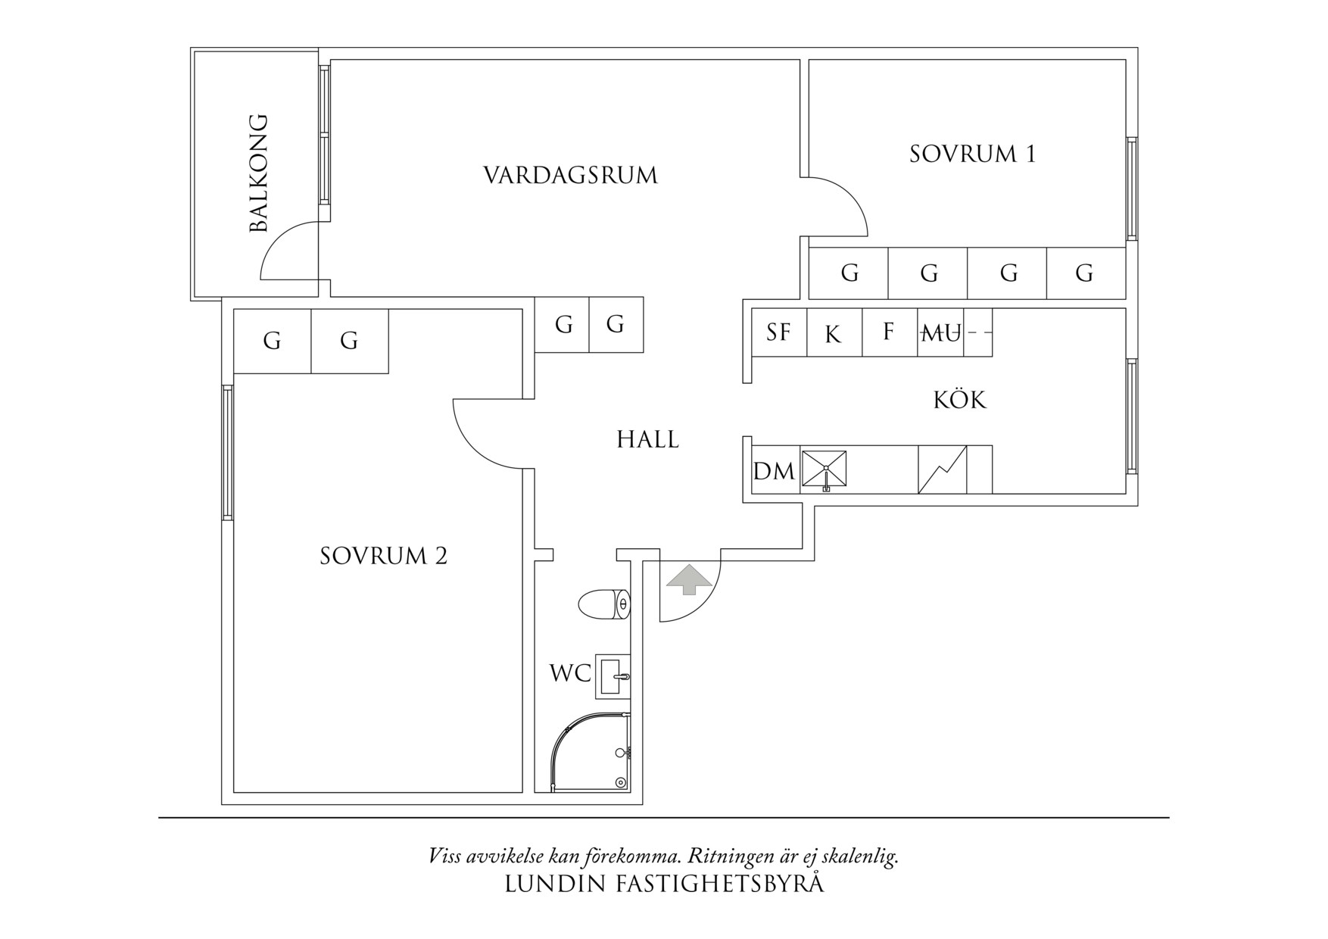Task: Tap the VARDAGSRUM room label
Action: point(570,176)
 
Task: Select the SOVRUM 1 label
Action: point(972,154)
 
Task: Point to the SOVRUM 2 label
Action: point(383,557)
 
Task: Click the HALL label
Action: point(647,439)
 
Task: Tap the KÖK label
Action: point(959,400)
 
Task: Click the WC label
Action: point(570,673)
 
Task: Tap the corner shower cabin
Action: point(593,753)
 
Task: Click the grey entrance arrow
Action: point(689,579)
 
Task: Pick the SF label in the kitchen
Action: point(778,332)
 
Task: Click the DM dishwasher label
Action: point(774,472)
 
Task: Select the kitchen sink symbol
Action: point(824,470)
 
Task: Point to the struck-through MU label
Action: point(940,332)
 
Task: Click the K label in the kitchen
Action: point(833,334)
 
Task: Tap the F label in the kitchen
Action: point(889,332)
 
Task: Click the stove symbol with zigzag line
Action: point(942,469)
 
